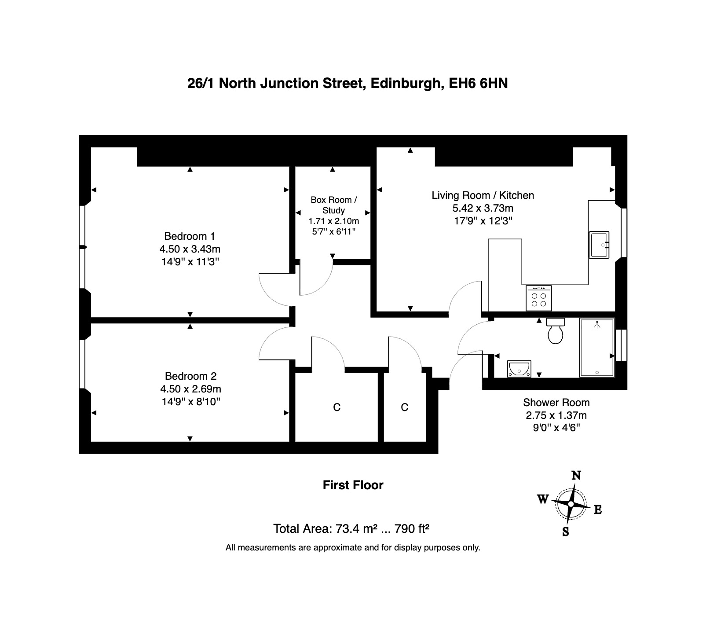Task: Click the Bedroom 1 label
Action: (x=190, y=236)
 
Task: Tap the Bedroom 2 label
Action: (x=190, y=376)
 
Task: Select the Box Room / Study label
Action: (x=334, y=205)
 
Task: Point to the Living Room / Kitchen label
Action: (x=483, y=195)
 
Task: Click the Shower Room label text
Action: (x=556, y=402)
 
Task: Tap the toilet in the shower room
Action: (x=556, y=330)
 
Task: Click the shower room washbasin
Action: (x=519, y=369)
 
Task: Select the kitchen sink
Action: (x=599, y=245)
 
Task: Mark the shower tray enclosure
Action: (x=597, y=348)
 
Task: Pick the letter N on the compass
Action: (x=576, y=475)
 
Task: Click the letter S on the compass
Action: (x=566, y=532)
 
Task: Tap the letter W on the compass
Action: (x=543, y=499)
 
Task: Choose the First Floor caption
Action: (x=353, y=485)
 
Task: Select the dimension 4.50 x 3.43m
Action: (x=190, y=249)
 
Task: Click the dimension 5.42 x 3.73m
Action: (x=483, y=208)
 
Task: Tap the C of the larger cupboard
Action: (x=337, y=407)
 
